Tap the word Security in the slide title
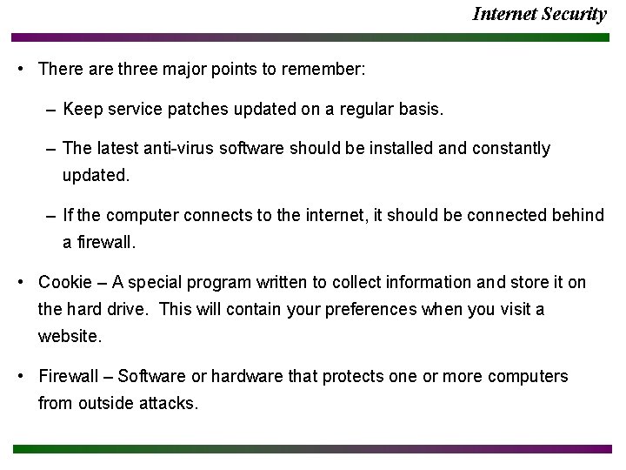point(575,14)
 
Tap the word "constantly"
point(511,149)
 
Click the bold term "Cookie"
point(65,282)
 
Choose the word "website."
point(70,335)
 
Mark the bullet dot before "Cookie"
point(21,282)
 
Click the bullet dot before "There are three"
point(21,69)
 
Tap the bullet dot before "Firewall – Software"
point(21,377)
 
